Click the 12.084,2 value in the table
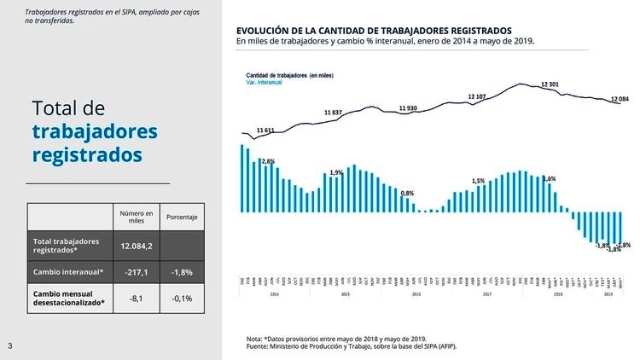(137, 246)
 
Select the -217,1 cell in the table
(137, 272)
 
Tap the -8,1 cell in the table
(137, 299)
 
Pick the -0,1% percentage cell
(182, 299)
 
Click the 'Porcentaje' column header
(182, 218)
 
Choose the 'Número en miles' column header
(137, 218)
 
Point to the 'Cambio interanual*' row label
(68, 272)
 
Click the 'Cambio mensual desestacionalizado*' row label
(68, 298)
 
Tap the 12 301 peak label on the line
(550, 84)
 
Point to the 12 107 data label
(477, 96)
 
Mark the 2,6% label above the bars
(268, 161)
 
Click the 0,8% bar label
(407, 194)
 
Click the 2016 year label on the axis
(416, 293)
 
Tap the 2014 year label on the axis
(275, 293)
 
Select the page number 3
(9, 345)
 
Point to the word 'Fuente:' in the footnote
(257, 346)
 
